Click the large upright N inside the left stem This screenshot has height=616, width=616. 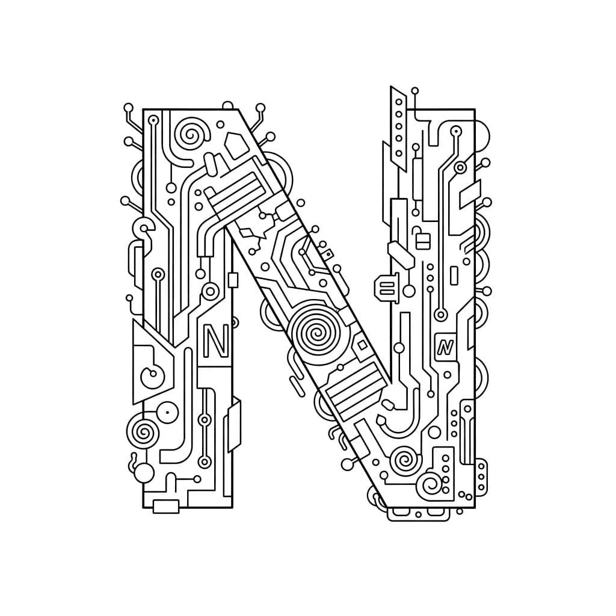coord(215,341)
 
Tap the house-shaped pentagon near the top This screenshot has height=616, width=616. coord(236,146)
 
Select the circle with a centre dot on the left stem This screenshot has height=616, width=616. coord(168,413)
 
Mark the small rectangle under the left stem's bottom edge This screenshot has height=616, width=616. coord(166,507)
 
